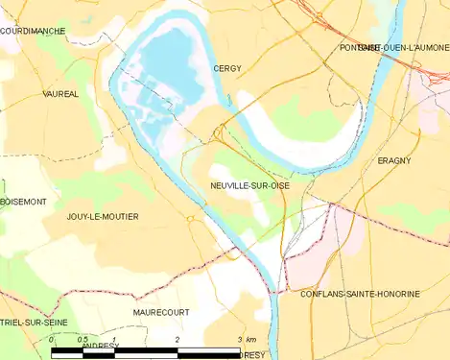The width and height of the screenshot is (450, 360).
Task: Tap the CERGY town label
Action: coord(227,69)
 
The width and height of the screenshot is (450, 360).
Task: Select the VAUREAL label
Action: coord(60,94)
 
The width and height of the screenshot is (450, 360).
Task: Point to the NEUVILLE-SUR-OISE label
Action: coord(249,185)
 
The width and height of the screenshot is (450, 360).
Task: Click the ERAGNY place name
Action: coord(394,160)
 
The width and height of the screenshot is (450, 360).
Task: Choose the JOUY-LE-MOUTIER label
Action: coord(103,217)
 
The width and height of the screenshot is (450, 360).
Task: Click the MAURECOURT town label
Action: coord(160,313)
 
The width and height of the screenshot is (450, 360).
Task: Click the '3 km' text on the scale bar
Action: coord(248,341)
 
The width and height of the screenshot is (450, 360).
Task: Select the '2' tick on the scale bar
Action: coord(178,341)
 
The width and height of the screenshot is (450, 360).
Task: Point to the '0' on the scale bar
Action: coord(51,341)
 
